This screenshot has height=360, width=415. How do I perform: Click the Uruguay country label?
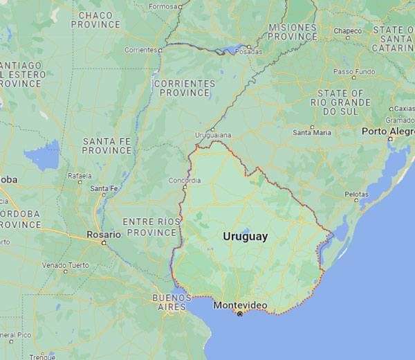click(x=245, y=237)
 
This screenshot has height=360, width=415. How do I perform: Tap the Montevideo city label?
click(x=240, y=305)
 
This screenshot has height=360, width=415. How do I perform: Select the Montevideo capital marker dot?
click(x=240, y=314)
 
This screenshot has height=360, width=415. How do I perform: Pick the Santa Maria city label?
click(x=312, y=132)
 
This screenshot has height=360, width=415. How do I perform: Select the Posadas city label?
click(x=250, y=52)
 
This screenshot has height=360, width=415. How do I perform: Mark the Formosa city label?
click(x=163, y=6)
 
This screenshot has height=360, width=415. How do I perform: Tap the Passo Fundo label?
click(x=353, y=71)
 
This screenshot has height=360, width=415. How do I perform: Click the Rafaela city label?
click(x=80, y=176)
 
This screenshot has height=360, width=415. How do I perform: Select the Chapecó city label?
click(x=348, y=31)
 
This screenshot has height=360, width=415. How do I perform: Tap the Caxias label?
click(x=403, y=109)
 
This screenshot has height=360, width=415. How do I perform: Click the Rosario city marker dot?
click(x=104, y=243)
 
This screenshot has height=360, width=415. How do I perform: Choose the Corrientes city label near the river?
click(x=141, y=50)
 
